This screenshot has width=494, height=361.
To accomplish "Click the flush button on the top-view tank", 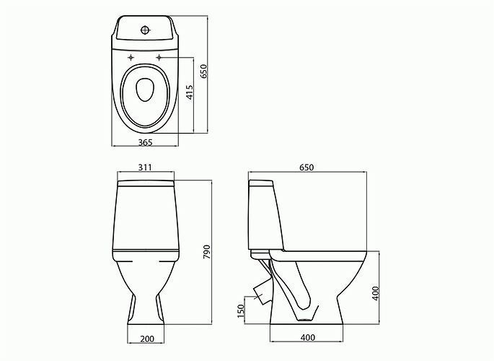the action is click(145, 30).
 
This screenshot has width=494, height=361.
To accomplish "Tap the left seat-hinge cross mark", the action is click(131, 57).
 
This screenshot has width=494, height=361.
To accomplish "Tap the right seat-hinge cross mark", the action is click(159, 57).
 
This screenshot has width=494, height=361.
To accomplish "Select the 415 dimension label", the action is click(190, 92).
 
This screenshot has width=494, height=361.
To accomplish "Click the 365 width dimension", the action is click(145, 142).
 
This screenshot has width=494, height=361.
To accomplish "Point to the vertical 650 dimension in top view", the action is click(203, 71).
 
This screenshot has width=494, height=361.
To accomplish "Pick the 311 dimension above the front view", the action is click(145, 167).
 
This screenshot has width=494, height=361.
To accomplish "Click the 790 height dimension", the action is click(207, 252).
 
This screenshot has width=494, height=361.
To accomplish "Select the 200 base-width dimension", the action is click(147, 339).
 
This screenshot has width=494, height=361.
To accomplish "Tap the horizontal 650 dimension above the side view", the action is click(306, 168).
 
